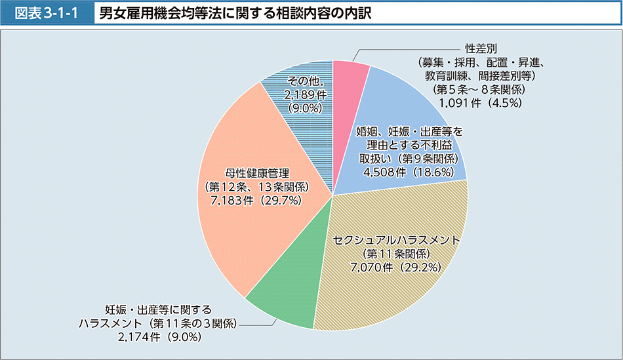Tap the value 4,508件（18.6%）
coord(407,172)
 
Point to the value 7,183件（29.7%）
coord(256,201)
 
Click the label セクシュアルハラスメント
coord(396,240)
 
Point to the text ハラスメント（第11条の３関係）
coord(158,323)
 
